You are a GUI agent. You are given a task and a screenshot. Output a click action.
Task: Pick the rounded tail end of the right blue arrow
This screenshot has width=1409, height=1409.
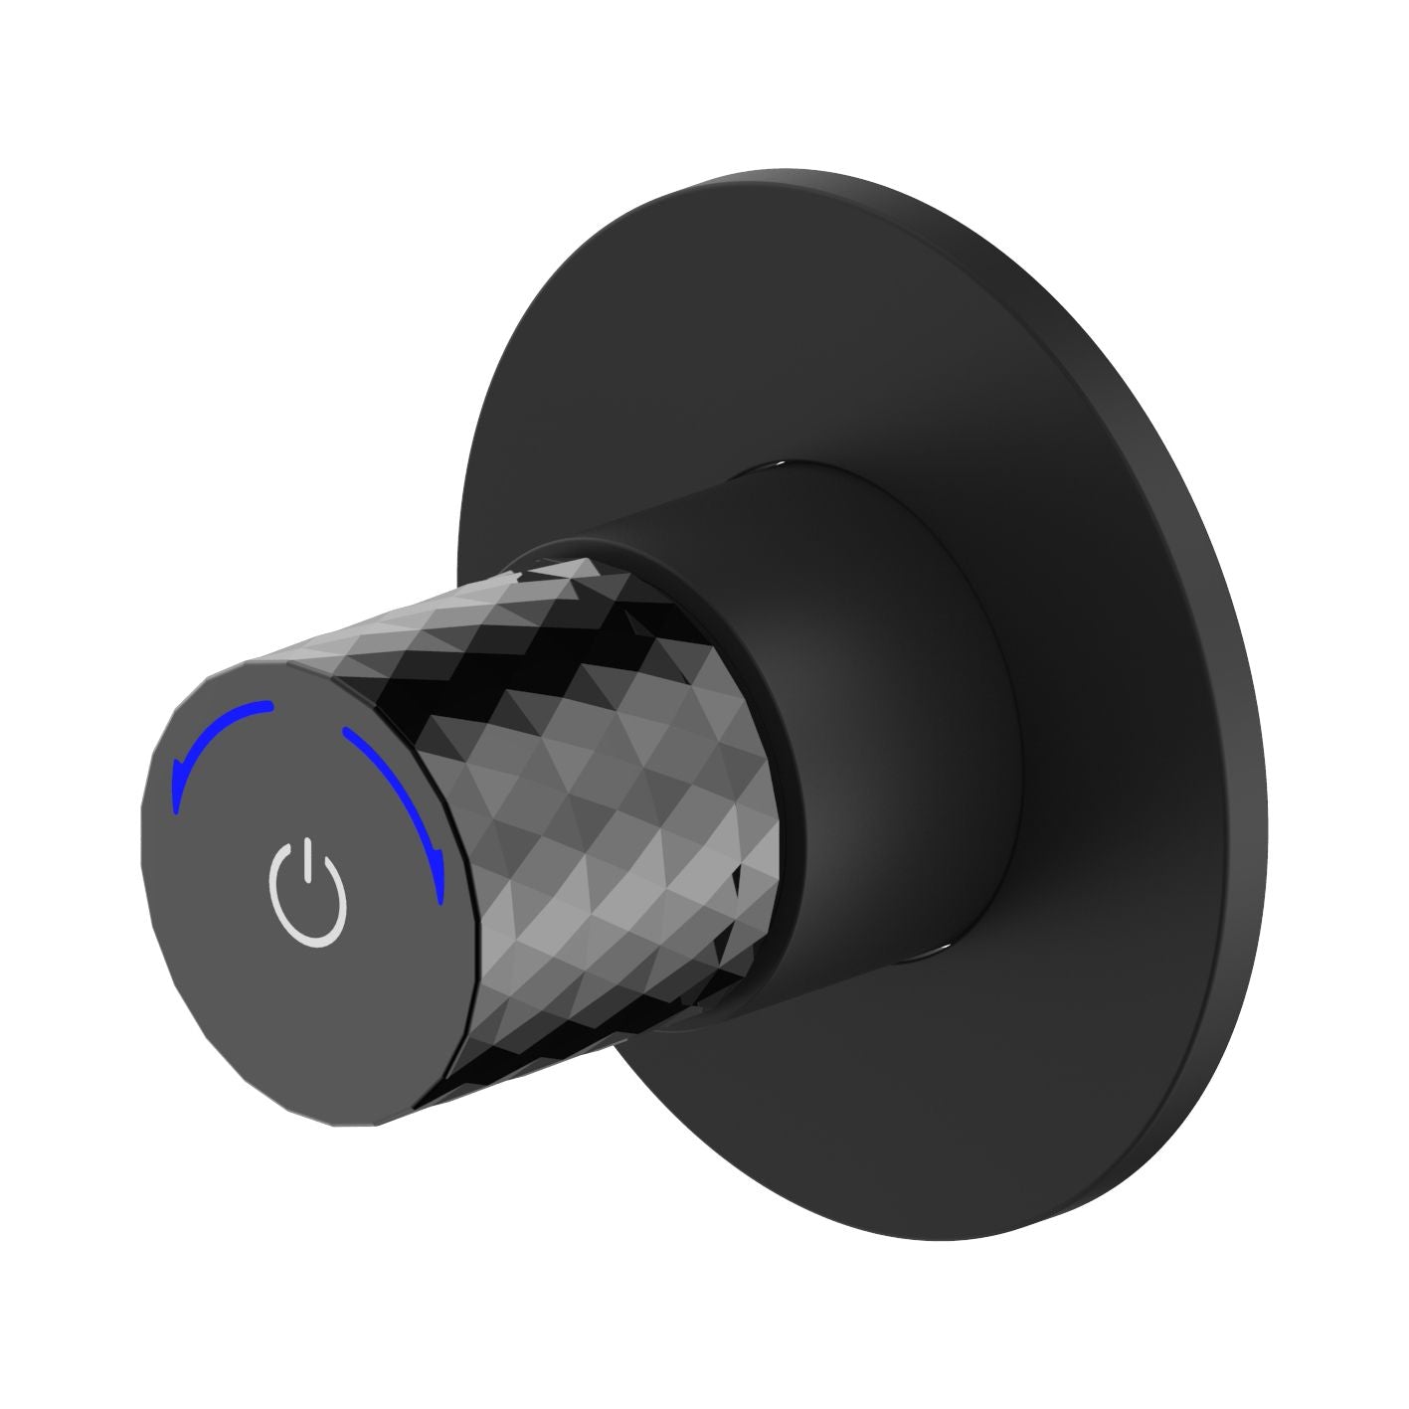347,733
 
